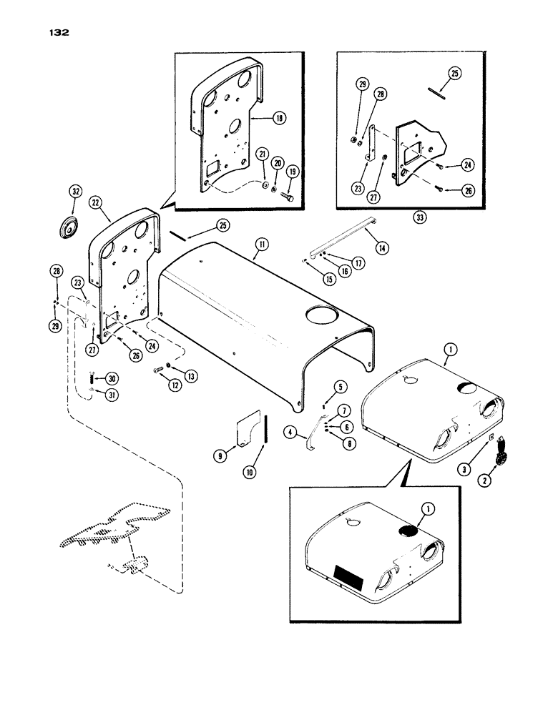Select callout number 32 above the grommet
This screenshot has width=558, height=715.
pos(76,192)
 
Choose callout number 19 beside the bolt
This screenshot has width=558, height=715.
pos(292,172)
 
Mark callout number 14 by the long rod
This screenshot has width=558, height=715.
pos(382,249)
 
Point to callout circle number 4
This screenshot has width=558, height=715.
pos(290,431)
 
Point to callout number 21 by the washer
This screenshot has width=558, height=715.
pos(263,155)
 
